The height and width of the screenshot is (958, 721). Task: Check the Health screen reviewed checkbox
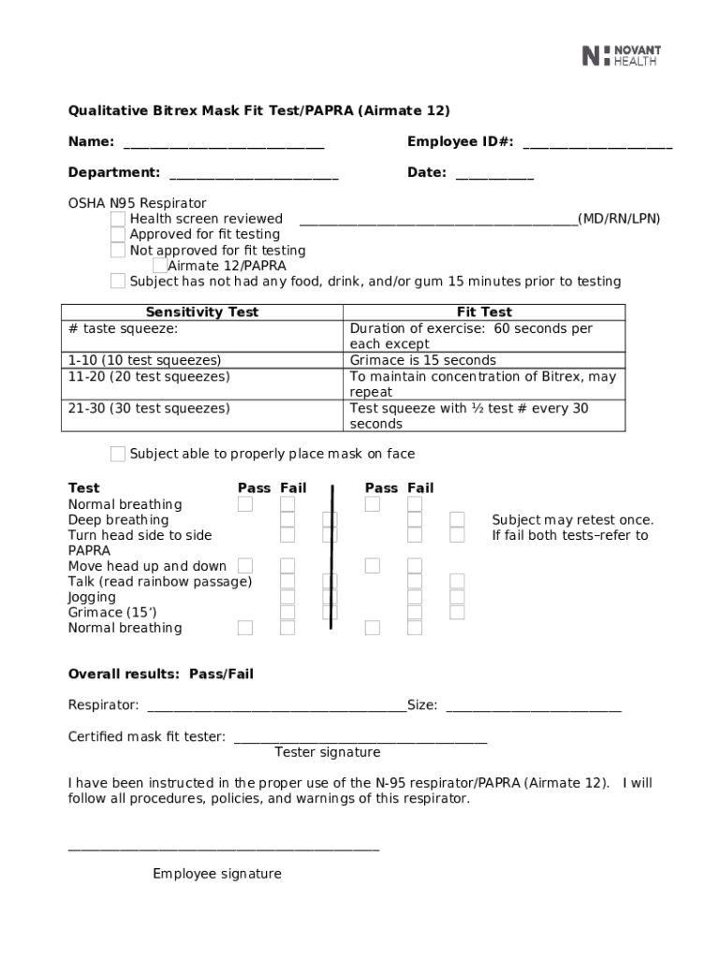click(x=117, y=219)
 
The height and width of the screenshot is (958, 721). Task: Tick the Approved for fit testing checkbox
click(x=117, y=235)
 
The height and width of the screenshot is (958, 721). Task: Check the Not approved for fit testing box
click(x=117, y=251)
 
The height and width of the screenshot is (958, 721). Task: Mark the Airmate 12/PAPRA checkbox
click(x=159, y=266)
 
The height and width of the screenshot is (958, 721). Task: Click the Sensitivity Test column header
click(x=202, y=312)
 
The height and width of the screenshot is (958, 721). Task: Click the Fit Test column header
click(x=484, y=312)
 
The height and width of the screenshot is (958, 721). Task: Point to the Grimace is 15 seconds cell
click(x=422, y=360)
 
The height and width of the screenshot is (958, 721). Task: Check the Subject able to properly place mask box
click(x=117, y=455)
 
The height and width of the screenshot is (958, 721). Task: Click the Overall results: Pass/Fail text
click(x=161, y=675)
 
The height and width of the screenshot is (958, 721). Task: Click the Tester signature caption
click(x=327, y=753)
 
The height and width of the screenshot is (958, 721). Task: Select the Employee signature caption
click(x=217, y=875)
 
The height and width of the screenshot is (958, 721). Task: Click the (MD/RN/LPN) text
click(x=619, y=219)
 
